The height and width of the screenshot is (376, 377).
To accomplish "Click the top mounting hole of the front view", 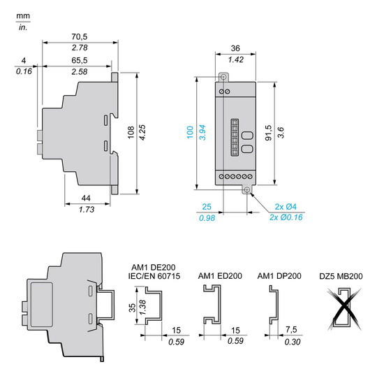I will (224, 78).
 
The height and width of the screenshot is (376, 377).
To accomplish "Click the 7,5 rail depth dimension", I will (291, 331).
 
